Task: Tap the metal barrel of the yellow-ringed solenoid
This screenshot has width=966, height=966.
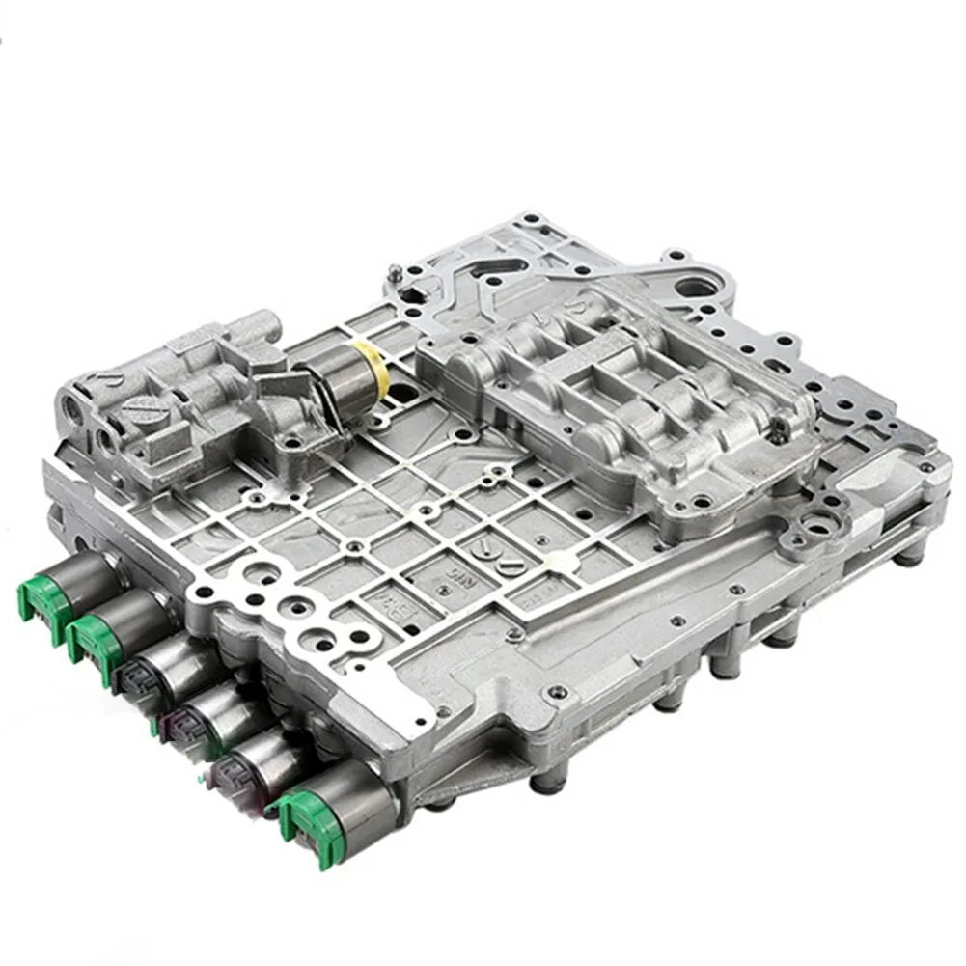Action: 333,381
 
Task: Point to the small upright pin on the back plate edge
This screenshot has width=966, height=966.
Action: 393,275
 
